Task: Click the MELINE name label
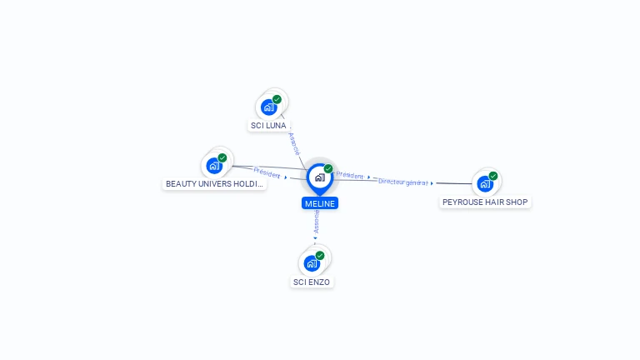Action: point(320,203)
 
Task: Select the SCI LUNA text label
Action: point(268,126)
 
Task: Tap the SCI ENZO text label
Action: point(312,282)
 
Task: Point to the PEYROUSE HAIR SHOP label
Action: point(485,202)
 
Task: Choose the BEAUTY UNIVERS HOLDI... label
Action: point(215,184)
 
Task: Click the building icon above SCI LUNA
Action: point(268,107)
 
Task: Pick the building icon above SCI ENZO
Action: point(312,263)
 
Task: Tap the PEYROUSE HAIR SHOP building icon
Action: point(484,183)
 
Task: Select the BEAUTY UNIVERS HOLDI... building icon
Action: point(214,165)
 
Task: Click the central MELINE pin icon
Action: point(319,177)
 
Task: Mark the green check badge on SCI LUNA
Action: point(277,99)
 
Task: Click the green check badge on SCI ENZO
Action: point(320,256)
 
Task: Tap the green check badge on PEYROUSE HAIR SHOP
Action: point(493,176)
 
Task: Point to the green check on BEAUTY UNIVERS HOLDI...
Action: point(222,157)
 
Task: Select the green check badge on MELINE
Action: point(328,169)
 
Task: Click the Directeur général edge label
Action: point(402,182)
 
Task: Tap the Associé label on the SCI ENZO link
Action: point(316,221)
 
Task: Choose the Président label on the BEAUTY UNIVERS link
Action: point(267,172)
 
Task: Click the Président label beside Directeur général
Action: point(350,176)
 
